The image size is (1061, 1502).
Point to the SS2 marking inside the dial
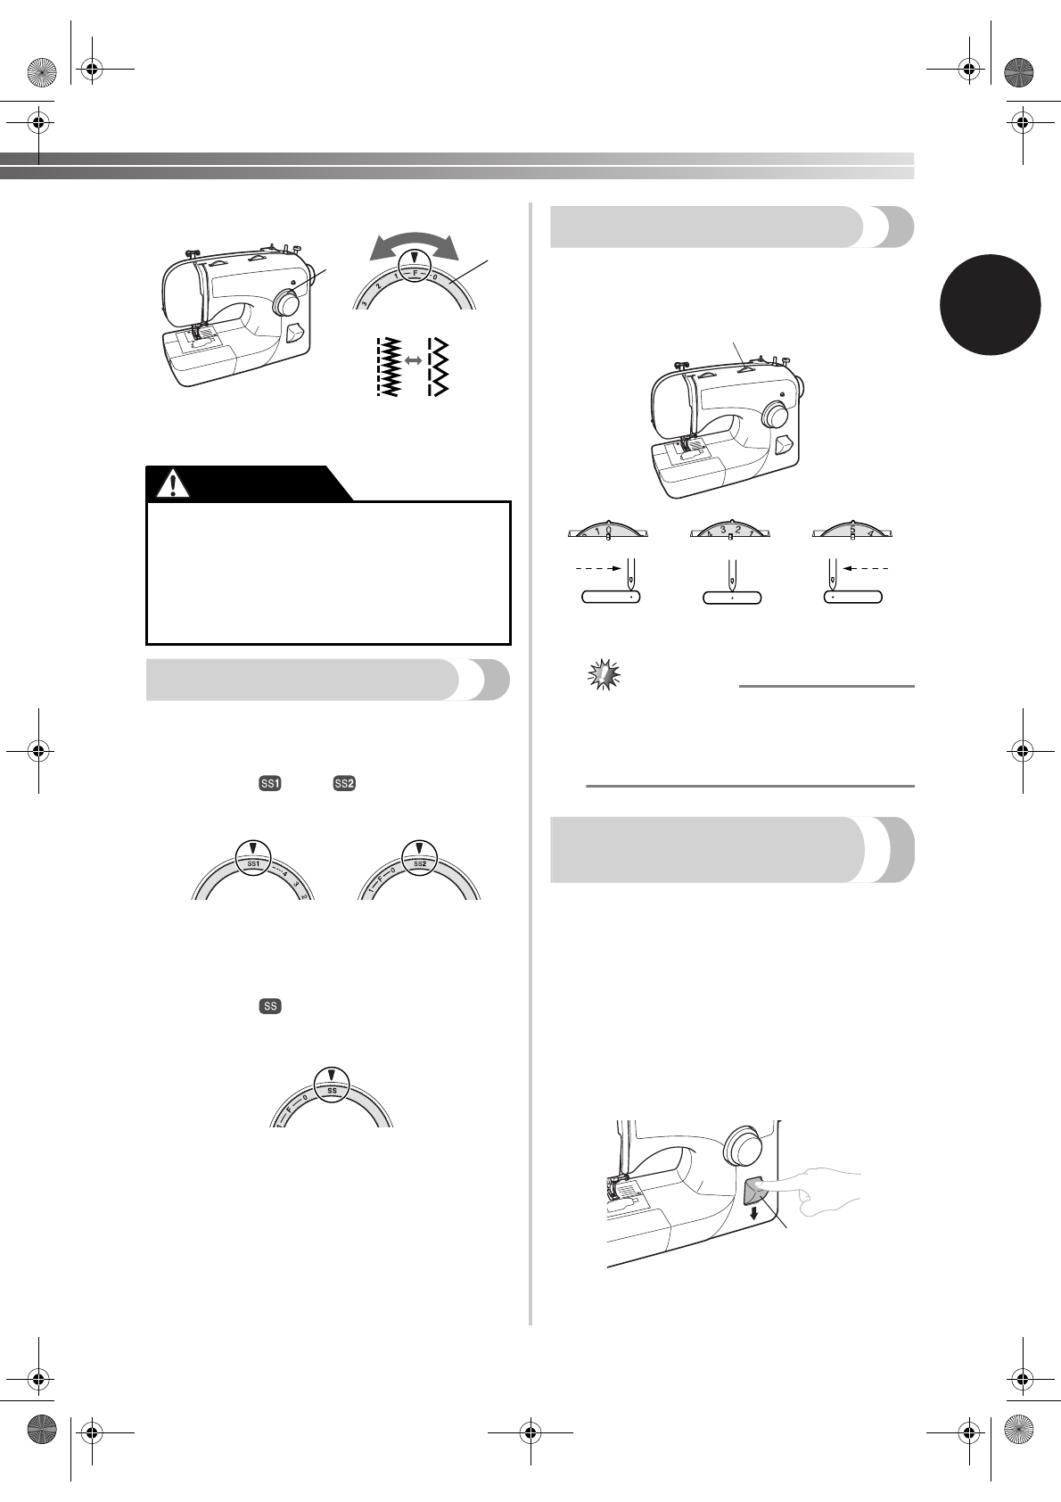(x=419, y=864)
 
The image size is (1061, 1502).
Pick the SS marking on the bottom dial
(x=331, y=1090)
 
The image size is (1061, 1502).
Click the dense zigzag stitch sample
(x=388, y=367)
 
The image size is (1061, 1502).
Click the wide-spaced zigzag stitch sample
(x=438, y=367)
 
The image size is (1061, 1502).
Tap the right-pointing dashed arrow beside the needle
(x=597, y=566)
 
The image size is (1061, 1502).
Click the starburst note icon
(x=604, y=675)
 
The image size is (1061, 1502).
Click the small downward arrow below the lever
(x=754, y=1214)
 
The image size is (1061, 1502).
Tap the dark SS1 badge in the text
(x=269, y=783)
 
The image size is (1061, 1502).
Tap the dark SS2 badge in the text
(x=343, y=783)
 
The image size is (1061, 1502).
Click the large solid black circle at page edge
(x=990, y=302)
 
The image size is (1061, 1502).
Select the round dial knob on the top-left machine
(x=287, y=302)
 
